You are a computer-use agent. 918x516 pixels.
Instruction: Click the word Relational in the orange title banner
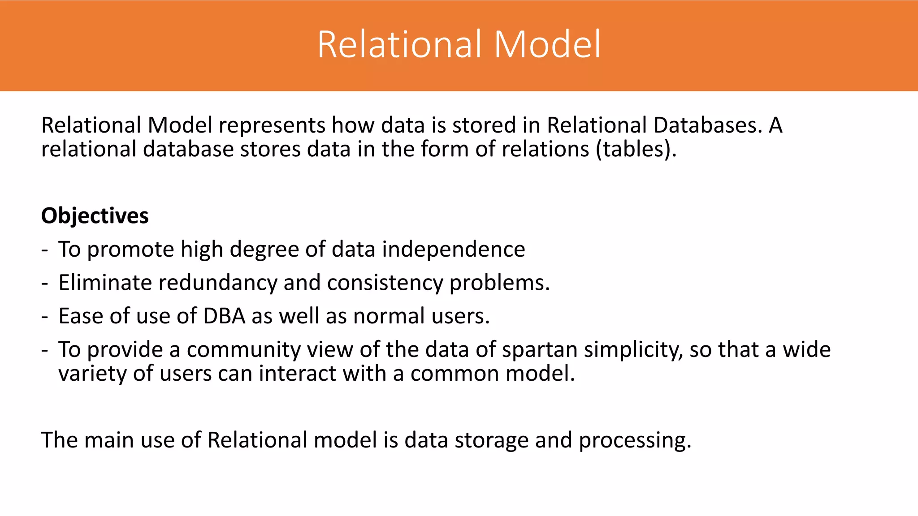(x=402, y=44)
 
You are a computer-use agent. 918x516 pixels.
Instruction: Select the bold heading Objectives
(x=95, y=216)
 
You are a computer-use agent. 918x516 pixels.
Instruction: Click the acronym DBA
(x=224, y=316)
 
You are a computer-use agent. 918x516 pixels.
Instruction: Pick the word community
(x=243, y=349)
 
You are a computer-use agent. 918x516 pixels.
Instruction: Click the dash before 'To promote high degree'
(x=44, y=250)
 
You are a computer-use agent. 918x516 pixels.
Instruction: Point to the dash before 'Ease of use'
(x=44, y=317)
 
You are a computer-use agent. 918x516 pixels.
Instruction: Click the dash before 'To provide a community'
(x=44, y=350)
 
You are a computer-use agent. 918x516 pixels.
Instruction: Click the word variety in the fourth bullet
(x=92, y=374)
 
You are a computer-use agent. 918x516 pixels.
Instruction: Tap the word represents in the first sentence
(x=272, y=125)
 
